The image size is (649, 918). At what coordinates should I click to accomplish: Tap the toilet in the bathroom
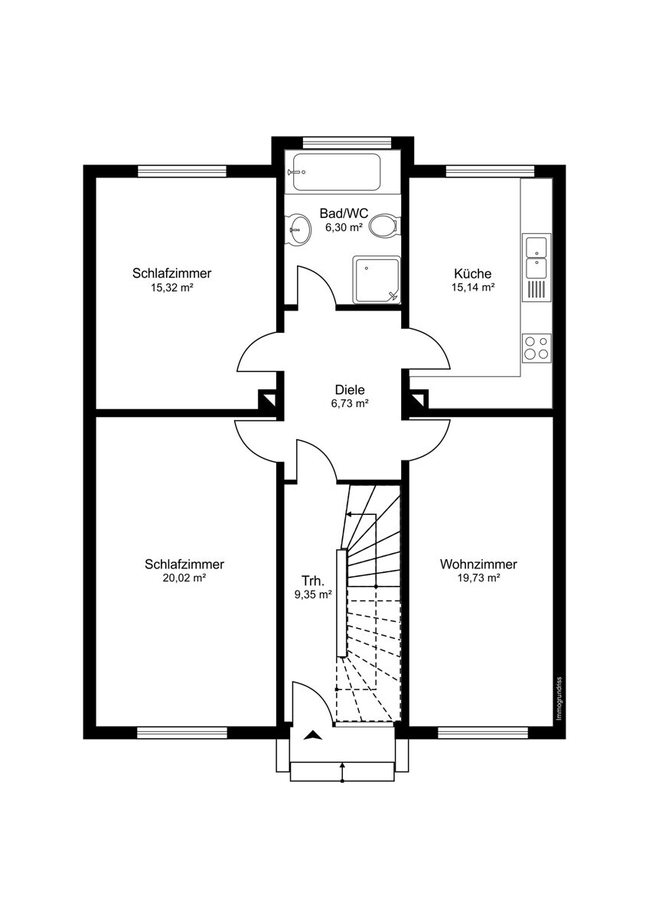[383, 225]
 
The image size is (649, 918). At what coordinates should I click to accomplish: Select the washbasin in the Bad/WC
[298, 229]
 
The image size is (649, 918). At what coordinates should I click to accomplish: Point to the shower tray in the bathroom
[376, 280]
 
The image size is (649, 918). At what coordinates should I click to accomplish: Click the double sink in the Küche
[536, 258]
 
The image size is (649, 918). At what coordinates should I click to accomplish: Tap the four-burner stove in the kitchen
[536, 347]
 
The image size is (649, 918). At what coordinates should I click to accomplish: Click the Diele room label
[350, 389]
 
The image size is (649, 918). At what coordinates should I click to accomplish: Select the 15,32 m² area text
[171, 288]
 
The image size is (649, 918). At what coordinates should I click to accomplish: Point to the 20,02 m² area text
[184, 578]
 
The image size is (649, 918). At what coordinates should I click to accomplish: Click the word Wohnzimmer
[478, 565]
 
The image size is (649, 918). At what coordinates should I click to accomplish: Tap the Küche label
[473, 273]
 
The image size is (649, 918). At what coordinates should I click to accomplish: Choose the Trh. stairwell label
[313, 581]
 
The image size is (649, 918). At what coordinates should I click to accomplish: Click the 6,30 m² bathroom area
[344, 228]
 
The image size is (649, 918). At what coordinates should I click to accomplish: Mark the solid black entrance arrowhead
[313, 735]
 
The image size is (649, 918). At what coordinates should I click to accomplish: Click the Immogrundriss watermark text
[559, 698]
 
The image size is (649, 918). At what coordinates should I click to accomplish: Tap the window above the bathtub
[347, 142]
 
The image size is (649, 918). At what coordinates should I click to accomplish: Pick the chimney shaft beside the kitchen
[419, 399]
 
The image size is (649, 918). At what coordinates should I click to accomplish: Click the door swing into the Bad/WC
[317, 285]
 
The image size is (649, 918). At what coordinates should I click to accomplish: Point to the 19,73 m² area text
[478, 578]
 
